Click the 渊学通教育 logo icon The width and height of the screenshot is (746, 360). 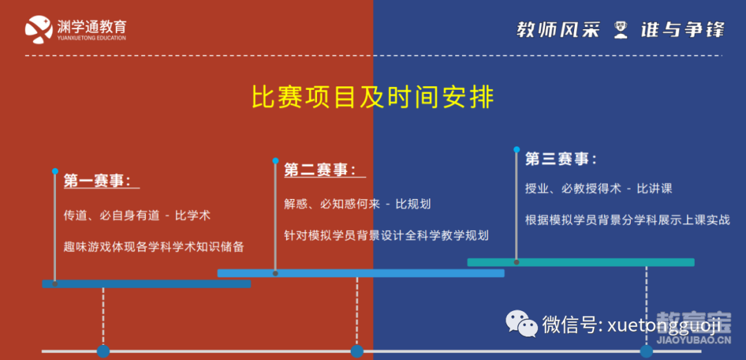point(39,30)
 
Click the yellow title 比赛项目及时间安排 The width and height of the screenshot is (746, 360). point(372,97)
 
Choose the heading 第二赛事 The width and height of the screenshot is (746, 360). point(321,170)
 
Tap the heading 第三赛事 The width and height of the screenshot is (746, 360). point(561,159)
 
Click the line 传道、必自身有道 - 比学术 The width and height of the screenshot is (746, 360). point(137,215)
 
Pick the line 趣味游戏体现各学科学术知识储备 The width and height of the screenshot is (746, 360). point(153,247)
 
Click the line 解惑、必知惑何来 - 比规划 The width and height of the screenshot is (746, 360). point(357,205)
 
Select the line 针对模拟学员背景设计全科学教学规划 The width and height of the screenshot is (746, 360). point(386,235)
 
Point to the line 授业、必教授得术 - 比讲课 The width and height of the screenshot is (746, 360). point(598,188)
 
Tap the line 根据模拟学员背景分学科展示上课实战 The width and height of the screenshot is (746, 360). point(627,220)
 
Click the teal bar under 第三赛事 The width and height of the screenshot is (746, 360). point(581,263)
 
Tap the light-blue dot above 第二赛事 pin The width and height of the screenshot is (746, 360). point(275,160)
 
